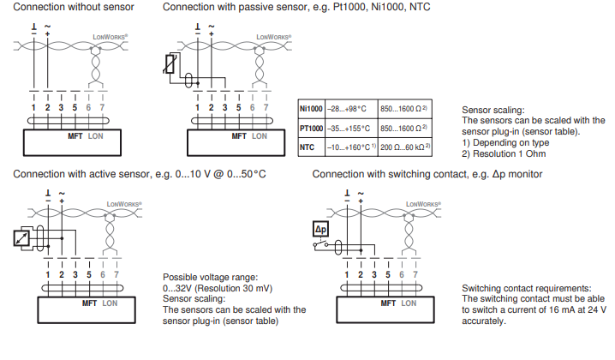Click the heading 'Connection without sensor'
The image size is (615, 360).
[73, 7]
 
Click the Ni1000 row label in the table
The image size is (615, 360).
[311, 109]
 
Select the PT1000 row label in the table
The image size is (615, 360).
[311, 128]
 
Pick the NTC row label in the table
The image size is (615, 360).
[307, 147]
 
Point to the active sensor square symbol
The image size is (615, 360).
[23, 239]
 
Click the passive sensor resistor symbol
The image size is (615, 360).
[170, 65]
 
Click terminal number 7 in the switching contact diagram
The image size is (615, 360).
[416, 274]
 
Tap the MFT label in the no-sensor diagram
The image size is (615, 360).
[75, 136]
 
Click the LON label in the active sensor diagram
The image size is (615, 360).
[110, 303]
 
